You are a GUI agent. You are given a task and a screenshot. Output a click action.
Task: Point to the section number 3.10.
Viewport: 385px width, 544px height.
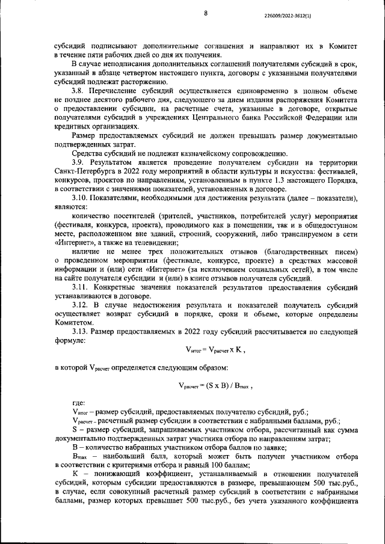coord(84,198)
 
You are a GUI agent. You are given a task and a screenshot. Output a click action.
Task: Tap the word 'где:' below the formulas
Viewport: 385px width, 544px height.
coord(78,403)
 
